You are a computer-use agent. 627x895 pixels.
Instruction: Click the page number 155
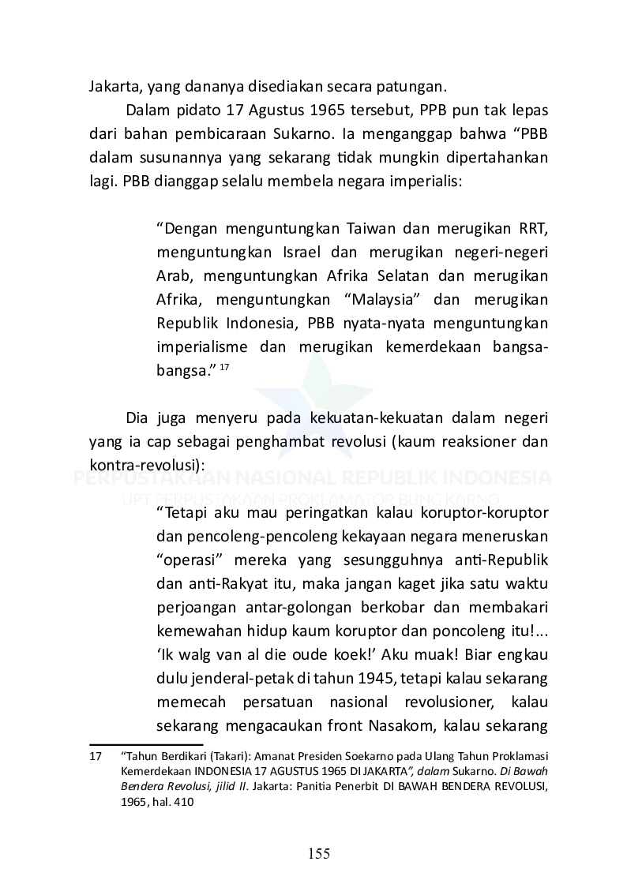click(319, 853)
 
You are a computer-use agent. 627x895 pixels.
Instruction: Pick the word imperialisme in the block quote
click(203, 347)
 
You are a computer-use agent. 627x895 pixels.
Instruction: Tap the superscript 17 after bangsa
click(224, 367)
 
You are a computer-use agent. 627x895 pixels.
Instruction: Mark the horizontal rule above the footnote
click(146, 743)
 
